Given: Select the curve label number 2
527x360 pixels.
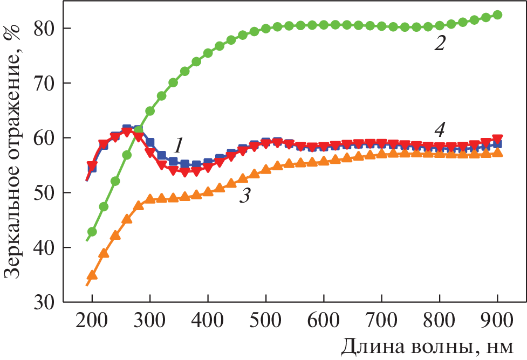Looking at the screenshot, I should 440,43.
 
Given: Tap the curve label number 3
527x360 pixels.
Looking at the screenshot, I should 244,196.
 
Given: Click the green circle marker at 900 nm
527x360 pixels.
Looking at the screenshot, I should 497,15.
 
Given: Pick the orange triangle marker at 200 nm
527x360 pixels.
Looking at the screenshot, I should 92,275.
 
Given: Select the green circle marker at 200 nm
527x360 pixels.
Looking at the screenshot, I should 92,232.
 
